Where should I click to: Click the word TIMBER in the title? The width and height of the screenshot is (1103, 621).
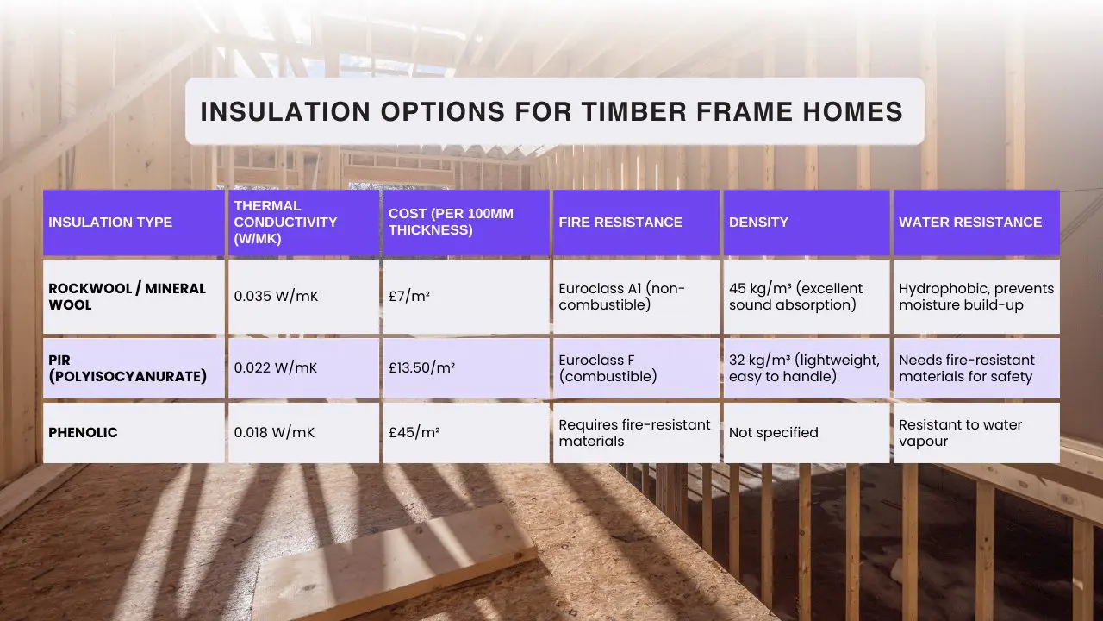click(x=633, y=111)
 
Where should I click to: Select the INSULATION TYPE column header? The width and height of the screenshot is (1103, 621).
click(x=110, y=223)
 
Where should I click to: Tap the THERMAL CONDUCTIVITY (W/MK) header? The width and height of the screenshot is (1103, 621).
click(x=285, y=223)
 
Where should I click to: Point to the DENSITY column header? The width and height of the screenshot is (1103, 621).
click(x=758, y=223)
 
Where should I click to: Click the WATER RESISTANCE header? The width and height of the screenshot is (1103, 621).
click(x=970, y=223)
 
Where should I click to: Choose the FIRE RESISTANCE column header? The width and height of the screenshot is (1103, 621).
click(x=620, y=223)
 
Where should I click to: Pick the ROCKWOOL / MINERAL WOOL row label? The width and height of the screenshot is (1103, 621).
click(x=127, y=297)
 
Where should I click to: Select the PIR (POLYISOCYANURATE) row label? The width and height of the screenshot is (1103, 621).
click(x=128, y=368)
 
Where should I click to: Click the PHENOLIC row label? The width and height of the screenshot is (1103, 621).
click(x=83, y=433)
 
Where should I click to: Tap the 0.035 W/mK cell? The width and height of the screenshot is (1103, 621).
click(x=277, y=296)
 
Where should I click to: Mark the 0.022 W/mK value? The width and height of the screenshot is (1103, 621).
click(x=276, y=367)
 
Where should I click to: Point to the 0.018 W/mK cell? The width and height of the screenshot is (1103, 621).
click(x=274, y=432)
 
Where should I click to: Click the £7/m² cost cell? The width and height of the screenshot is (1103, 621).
click(x=409, y=296)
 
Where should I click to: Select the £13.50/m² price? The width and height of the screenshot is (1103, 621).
click(x=422, y=367)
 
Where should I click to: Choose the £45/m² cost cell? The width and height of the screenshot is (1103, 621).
click(x=414, y=432)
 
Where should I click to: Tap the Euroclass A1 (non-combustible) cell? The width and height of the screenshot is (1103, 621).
click(x=621, y=297)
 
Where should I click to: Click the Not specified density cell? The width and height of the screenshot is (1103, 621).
click(x=774, y=433)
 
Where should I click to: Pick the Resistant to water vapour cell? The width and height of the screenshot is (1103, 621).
click(x=960, y=433)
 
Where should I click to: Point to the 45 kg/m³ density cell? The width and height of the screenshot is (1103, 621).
click(x=795, y=297)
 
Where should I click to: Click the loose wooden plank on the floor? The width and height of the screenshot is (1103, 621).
click(x=394, y=561)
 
